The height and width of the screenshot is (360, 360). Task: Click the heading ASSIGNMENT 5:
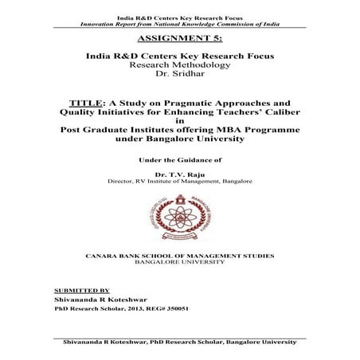pyautogui.click(x=179, y=37)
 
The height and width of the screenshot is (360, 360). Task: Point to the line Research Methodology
pyautogui.click(x=180, y=65)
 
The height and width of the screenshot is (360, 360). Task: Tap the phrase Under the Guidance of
pyautogui.click(x=180, y=158)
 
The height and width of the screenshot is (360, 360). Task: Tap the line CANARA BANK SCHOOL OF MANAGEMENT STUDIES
pyautogui.click(x=180, y=255)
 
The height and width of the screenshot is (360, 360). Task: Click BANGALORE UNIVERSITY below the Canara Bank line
pyautogui.click(x=180, y=263)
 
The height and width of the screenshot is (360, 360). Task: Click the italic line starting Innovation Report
pyautogui.click(x=180, y=14)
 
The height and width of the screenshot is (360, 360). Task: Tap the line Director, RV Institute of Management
pyautogui.click(x=180, y=182)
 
